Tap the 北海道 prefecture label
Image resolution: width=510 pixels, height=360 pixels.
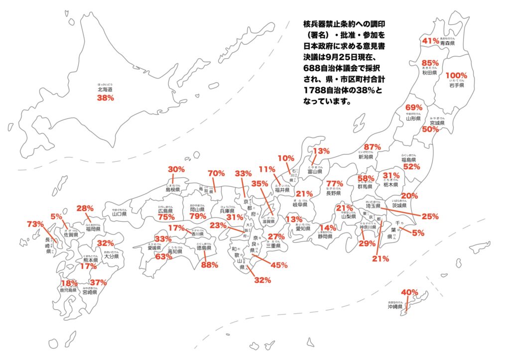105,90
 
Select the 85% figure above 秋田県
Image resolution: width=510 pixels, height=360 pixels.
430,63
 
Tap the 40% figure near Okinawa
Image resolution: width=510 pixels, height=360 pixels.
409,292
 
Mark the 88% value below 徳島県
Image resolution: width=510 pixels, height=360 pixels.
210,265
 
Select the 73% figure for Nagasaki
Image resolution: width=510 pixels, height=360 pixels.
35,225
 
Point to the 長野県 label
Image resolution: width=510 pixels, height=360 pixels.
334,193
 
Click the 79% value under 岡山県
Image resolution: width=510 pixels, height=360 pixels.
198,217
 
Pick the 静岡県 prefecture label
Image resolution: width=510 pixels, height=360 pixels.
324,237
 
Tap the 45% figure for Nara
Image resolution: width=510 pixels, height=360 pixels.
279,265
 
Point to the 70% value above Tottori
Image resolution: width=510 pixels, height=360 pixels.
217,174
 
